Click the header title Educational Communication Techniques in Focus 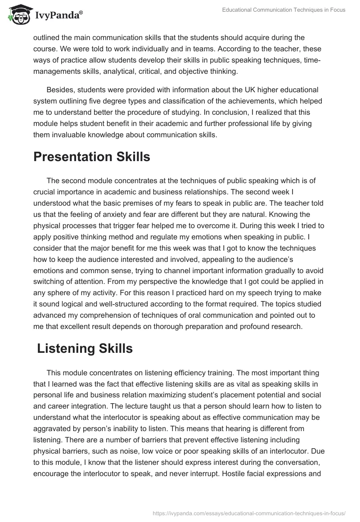point(283,10)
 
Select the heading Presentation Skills point(91,157)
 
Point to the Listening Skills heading point(85,349)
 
